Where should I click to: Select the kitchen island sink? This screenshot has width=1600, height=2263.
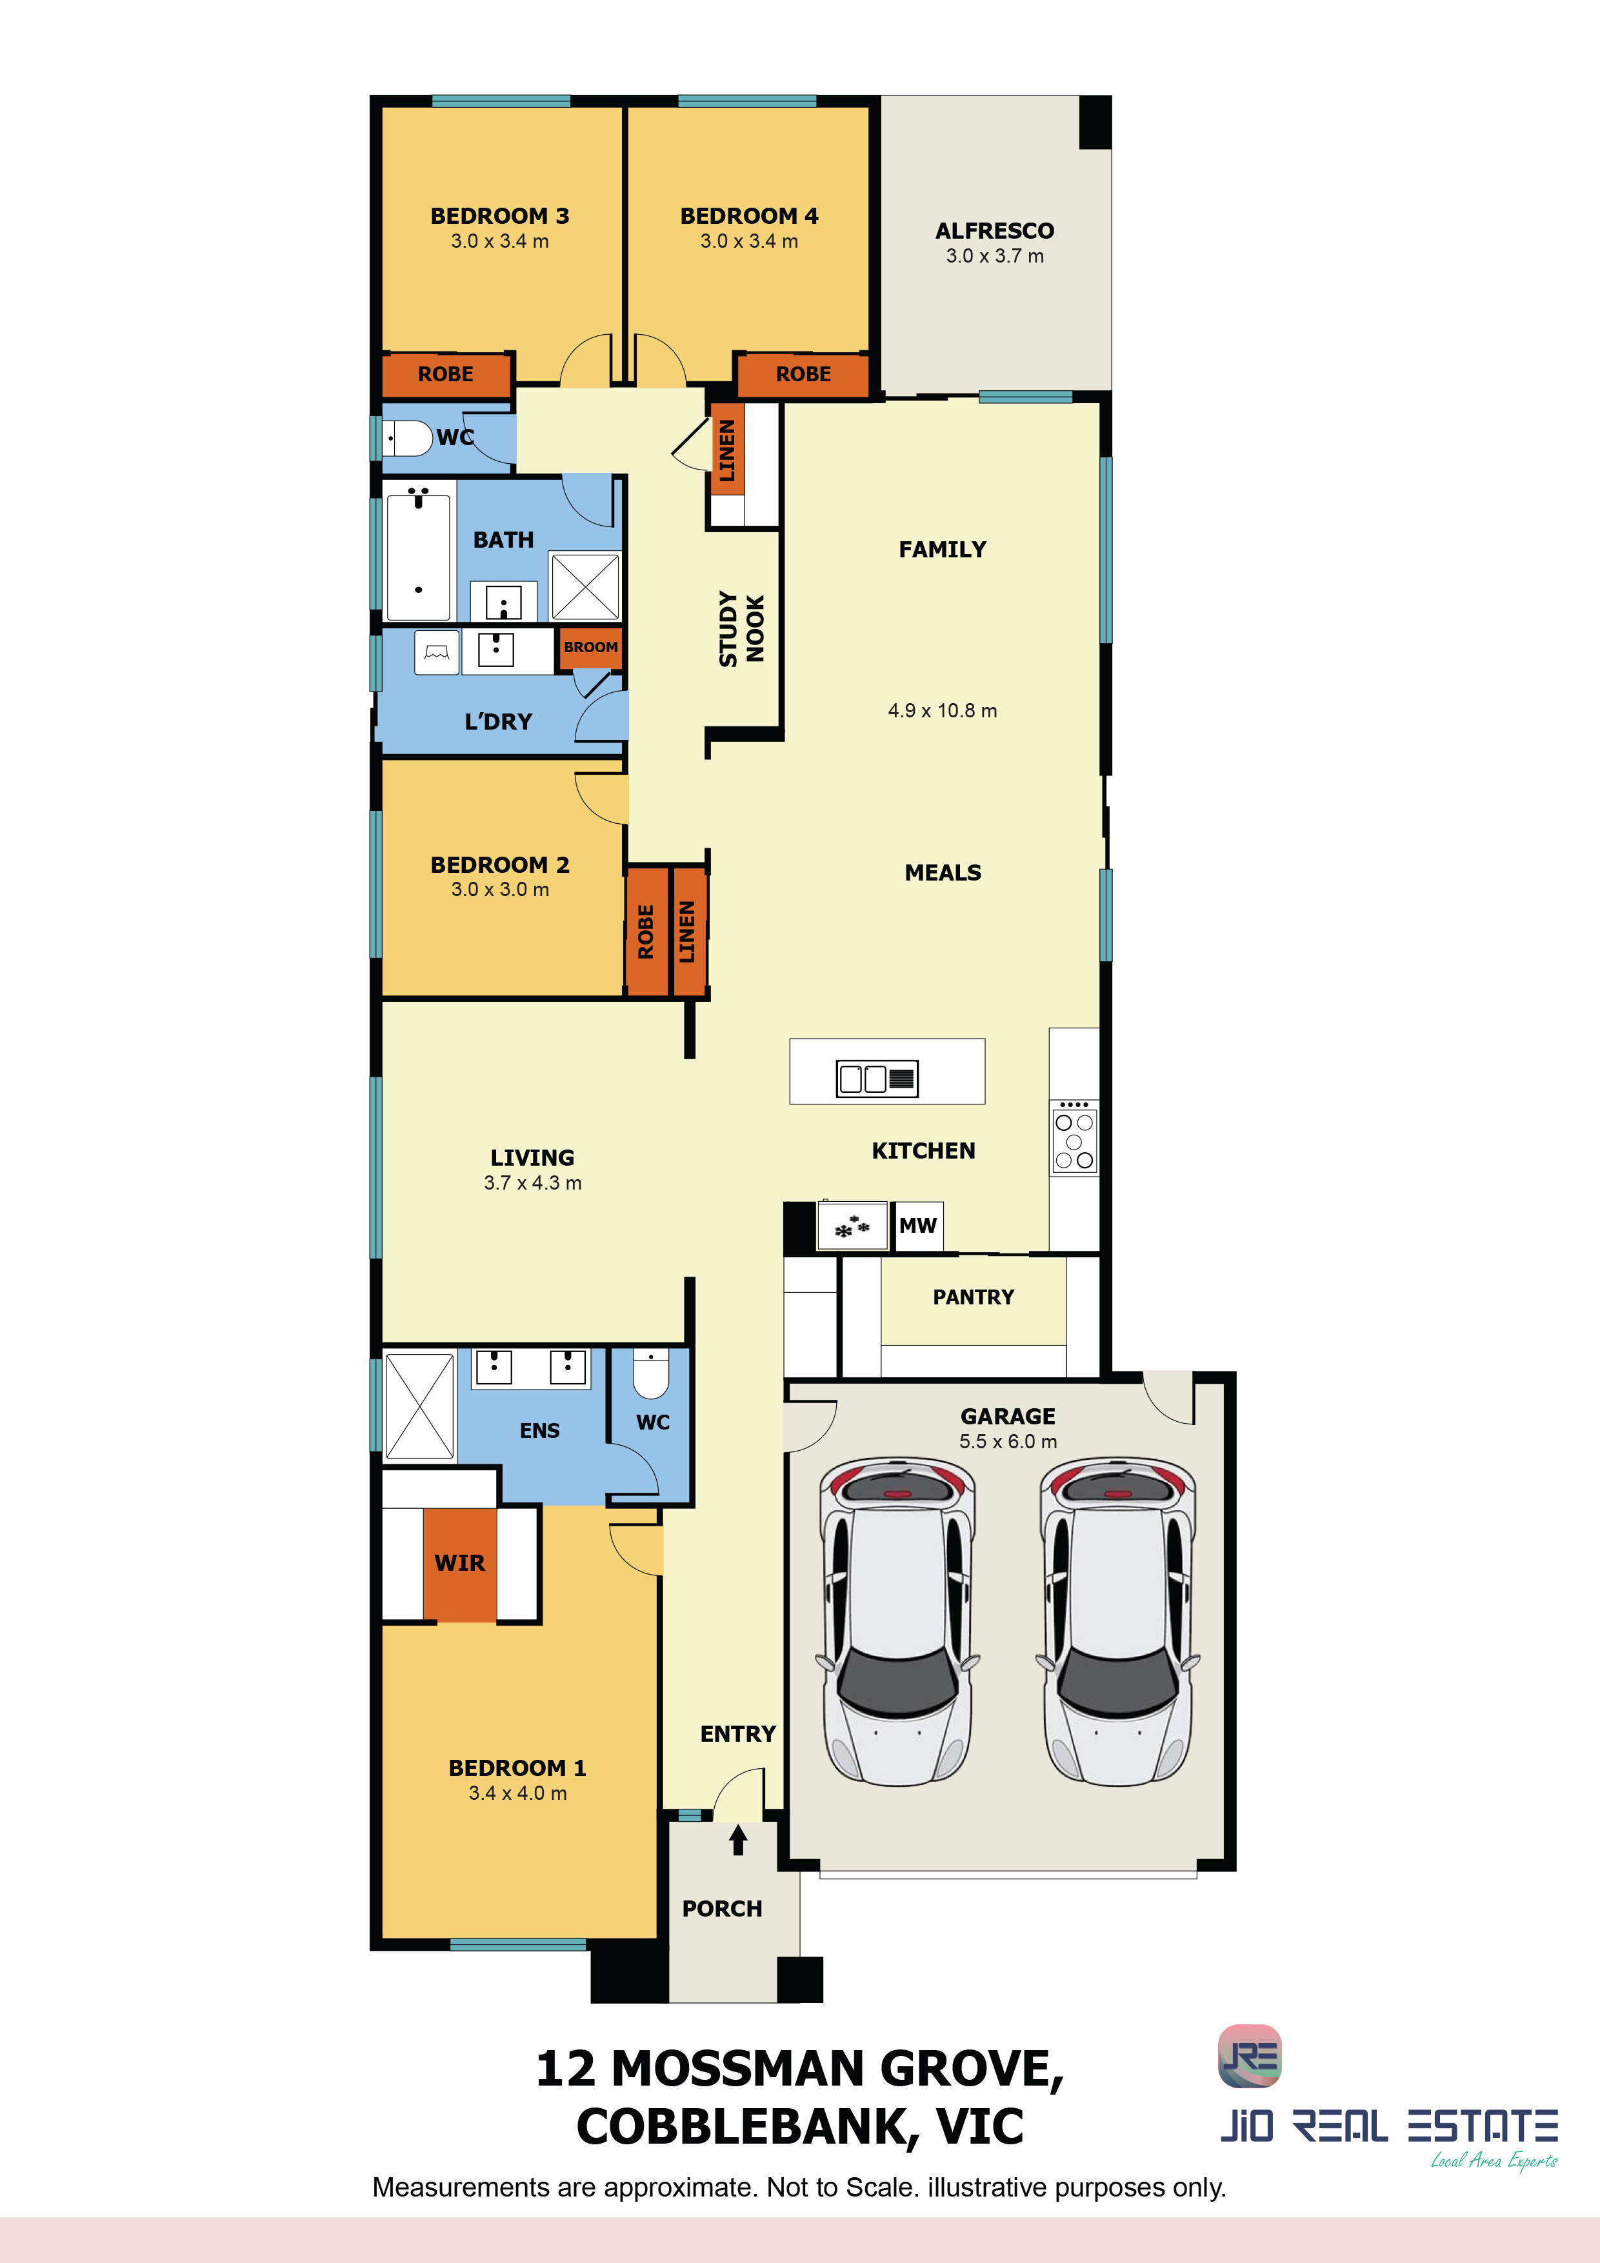[x=876, y=1077]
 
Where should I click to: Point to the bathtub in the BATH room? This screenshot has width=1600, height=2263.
[x=419, y=557]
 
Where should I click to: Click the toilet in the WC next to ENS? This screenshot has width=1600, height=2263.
[x=651, y=1373]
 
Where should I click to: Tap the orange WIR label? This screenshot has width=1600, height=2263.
[x=459, y=1563]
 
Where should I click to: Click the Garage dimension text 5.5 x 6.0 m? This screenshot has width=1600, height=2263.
[x=1008, y=1441]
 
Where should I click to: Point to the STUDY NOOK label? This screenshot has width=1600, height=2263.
[x=741, y=629]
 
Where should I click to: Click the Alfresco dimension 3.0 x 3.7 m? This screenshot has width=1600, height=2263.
[x=995, y=255]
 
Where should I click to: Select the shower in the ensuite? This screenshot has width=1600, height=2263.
[x=420, y=1406]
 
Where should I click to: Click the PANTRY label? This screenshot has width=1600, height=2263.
[x=973, y=1297]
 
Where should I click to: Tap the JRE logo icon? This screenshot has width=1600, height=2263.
[x=1250, y=2056]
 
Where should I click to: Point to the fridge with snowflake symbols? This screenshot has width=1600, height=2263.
[x=853, y=1226]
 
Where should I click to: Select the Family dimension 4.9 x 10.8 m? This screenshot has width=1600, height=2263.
[x=943, y=711]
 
